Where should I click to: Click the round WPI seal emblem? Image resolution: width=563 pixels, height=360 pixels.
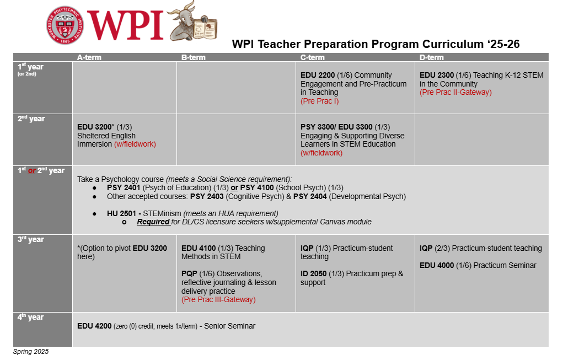(65, 25)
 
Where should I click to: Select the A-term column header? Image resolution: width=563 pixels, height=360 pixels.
(89, 57)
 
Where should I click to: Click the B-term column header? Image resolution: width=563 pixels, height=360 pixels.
(194, 57)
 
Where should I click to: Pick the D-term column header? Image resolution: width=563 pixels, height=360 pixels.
(431, 57)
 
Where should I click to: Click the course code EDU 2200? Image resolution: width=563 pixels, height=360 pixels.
(318, 75)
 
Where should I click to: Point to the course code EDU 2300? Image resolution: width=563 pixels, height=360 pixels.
(437, 75)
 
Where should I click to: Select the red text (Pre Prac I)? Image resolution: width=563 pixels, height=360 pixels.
(319, 101)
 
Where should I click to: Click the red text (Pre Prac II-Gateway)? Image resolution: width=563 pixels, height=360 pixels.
(455, 93)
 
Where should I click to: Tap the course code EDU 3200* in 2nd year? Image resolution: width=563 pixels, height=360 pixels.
(96, 127)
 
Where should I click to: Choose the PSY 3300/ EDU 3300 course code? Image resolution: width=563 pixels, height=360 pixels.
(336, 127)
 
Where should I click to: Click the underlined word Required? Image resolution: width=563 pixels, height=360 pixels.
(153, 222)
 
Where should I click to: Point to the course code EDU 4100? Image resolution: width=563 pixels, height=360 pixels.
(199, 248)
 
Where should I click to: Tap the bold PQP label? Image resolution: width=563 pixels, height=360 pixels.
(190, 273)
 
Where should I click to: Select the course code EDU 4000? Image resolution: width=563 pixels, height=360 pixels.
(437, 265)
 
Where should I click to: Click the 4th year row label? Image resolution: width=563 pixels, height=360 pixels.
(31, 318)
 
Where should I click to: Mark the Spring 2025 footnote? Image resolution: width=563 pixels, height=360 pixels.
(31, 352)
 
